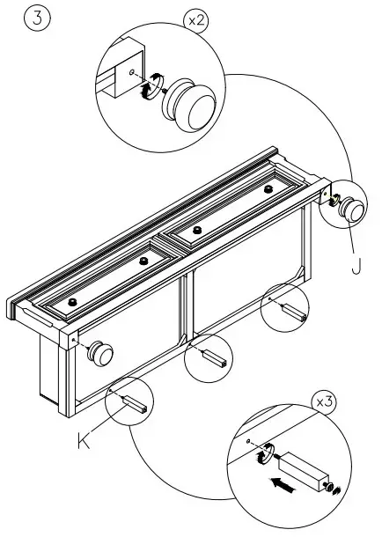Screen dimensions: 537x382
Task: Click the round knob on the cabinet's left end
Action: pyautogui.click(x=100, y=353)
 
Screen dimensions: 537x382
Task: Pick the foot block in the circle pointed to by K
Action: pyautogui.click(x=132, y=404)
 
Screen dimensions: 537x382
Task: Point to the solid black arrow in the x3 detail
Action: pyautogui.click(x=280, y=484)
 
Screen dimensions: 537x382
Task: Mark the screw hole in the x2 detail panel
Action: pyautogui.click(x=130, y=73)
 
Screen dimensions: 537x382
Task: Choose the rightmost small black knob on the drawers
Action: pyautogui.click(x=268, y=188)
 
